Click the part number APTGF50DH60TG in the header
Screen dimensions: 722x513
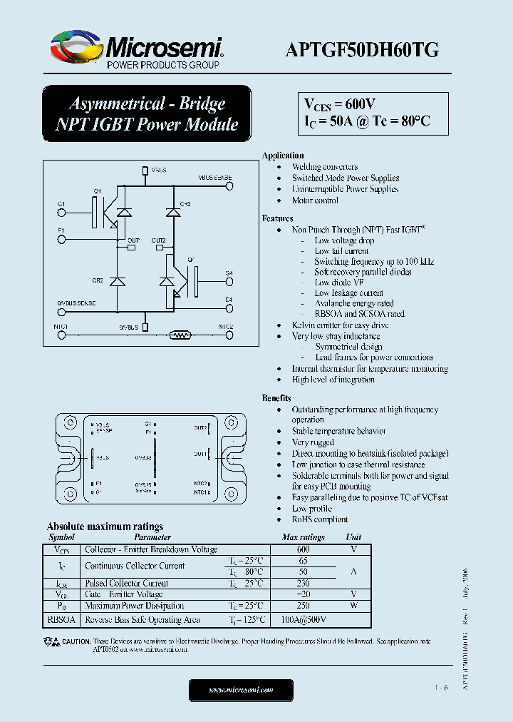[361, 49]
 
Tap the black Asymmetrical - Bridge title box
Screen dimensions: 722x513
[147, 113]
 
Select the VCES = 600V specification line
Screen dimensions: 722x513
[340, 104]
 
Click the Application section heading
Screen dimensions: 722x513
[283, 156]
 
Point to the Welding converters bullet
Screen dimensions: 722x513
[325, 167]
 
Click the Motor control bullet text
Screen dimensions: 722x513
[315, 200]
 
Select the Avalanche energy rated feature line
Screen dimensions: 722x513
[354, 303]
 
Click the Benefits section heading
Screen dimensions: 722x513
[276, 398]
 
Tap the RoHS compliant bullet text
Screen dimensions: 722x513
[320, 519]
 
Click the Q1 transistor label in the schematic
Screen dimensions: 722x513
[98, 190]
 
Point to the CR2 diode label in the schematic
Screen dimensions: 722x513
[98, 280]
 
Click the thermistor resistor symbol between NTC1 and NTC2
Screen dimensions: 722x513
[180, 333]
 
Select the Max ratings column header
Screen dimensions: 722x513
[303, 537]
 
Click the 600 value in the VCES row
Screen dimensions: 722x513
[304, 549]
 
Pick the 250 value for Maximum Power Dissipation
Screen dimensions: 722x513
[304, 606]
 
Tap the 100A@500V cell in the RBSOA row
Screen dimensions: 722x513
[304, 620]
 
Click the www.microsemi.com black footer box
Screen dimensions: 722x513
[241, 690]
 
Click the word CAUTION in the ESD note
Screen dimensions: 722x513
[76, 641]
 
